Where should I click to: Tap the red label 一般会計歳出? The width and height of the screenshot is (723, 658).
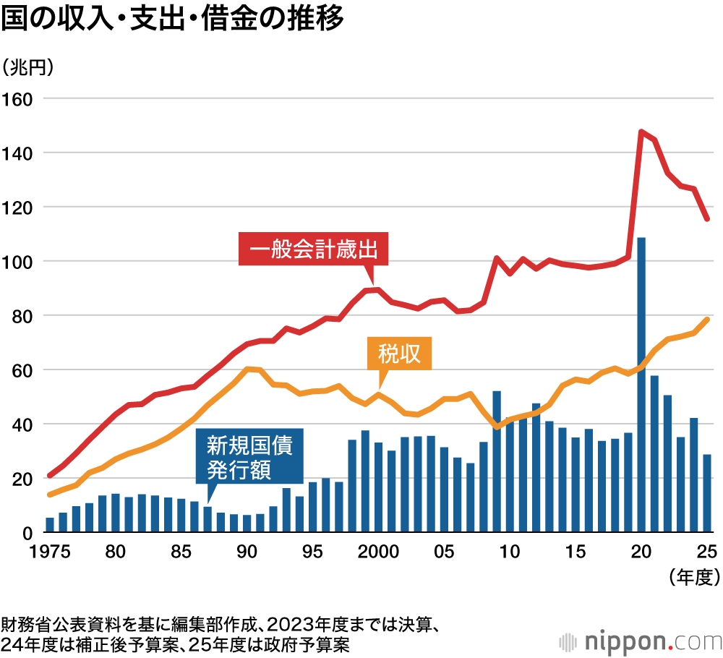point(313,251)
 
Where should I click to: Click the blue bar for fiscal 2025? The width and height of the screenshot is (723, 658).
point(707,494)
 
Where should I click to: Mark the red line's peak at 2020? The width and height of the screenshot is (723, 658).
point(641,132)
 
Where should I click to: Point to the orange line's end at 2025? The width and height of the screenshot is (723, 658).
point(707,320)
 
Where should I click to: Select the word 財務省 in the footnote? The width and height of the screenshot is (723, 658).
point(23,624)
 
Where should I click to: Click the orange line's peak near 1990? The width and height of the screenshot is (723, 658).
point(248,369)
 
